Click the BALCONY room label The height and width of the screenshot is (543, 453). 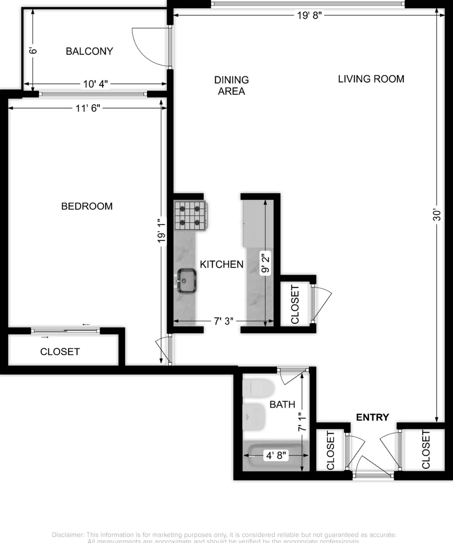[89, 51]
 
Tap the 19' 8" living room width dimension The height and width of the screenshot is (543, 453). [309, 16]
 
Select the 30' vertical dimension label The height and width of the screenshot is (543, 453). [436, 215]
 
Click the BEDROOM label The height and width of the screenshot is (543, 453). [87, 206]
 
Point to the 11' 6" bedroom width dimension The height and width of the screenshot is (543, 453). [88, 108]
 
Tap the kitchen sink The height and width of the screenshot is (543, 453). [187, 281]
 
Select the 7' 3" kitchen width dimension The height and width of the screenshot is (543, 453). [223, 321]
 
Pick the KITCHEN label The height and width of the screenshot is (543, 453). [222, 264]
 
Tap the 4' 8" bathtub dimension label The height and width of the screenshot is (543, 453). [276, 455]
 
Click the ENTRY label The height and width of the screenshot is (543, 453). [372, 417]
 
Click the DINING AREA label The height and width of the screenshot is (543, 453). [231, 85]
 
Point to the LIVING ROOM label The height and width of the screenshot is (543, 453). [371, 79]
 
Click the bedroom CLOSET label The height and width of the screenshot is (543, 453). [60, 352]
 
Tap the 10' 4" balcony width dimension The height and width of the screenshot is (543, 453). [95, 84]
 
